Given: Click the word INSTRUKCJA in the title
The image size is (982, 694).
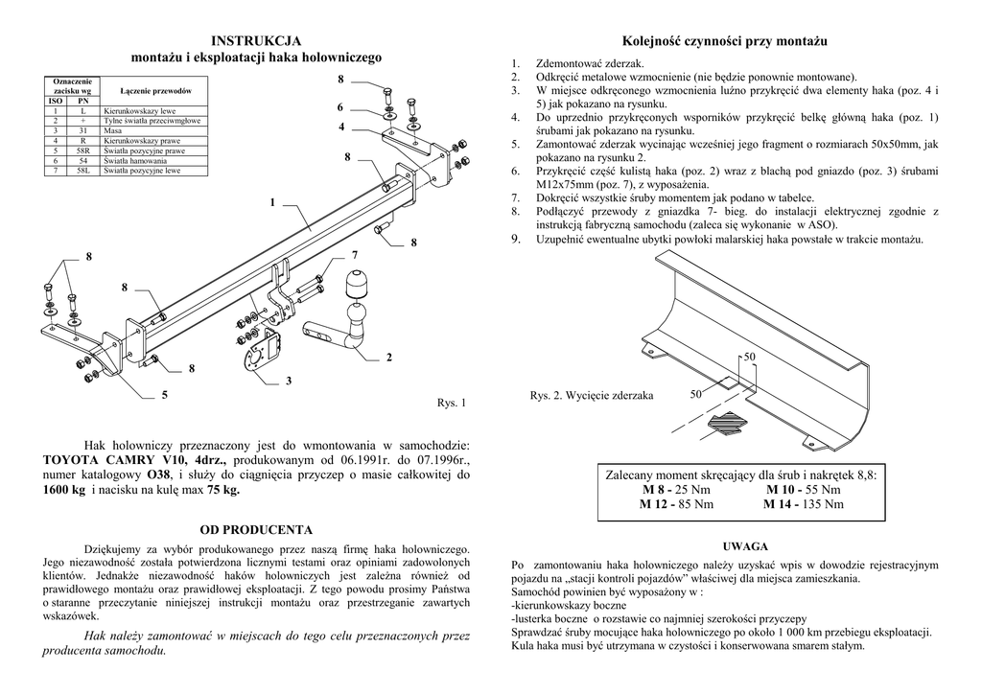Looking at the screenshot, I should [x=256, y=40].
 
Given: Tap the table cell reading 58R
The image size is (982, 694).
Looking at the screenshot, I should [x=82, y=151].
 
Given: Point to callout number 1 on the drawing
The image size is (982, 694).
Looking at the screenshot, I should [x=272, y=202].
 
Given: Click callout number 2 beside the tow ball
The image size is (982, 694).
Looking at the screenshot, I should [x=389, y=358].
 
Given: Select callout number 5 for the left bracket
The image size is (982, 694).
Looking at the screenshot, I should [x=165, y=394].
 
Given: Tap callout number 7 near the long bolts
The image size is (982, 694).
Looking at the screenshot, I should [x=354, y=255].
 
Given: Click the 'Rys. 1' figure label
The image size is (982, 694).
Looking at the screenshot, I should [x=451, y=403].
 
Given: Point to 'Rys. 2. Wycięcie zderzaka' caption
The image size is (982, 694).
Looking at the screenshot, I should [x=592, y=395].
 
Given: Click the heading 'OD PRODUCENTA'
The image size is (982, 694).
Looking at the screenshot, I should [x=255, y=529].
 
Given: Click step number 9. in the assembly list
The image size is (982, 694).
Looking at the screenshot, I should [x=516, y=239].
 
